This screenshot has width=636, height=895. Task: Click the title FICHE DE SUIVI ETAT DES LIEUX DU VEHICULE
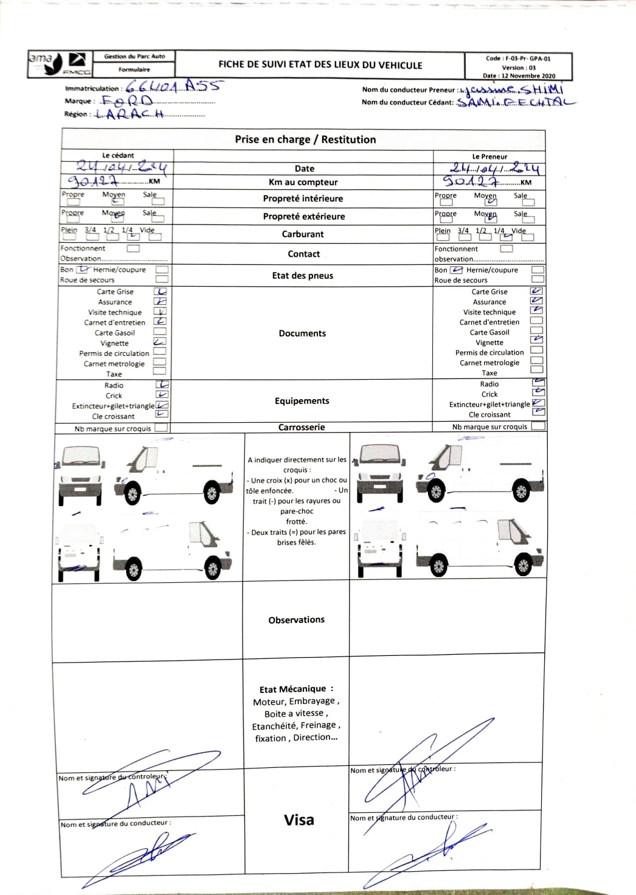coord(320,65)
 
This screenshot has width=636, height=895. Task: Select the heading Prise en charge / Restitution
coord(305,139)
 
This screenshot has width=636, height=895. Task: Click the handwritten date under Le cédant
coord(121,166)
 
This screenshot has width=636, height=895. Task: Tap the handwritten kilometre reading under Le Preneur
coord(471,181)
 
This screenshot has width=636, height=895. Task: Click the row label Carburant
coord(303,234)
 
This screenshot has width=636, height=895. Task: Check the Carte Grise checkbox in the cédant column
coord(161,291)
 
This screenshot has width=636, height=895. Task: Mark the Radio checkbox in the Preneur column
coord(538,383)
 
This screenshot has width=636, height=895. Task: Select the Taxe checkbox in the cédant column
coord(159,371)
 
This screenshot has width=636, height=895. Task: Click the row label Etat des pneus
coord(303,276)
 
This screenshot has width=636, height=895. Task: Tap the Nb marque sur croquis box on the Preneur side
coord(537,427)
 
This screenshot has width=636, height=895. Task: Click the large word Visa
coord(299,820)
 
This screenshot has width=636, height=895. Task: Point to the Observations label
coord(297,620)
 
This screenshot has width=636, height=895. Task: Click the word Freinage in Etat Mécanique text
coord(318,725)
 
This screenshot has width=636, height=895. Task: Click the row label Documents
coord(302,333)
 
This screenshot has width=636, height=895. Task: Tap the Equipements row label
coord(302,401)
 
